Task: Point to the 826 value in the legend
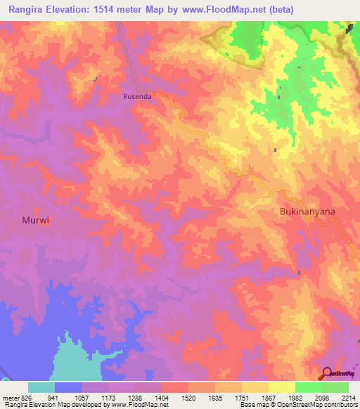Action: point(24,397)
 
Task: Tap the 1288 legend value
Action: point(136,397)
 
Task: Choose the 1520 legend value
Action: point(189,397)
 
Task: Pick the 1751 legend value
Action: point(243,397)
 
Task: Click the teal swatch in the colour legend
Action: point(41,387)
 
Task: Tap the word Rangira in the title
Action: point(30,9)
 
